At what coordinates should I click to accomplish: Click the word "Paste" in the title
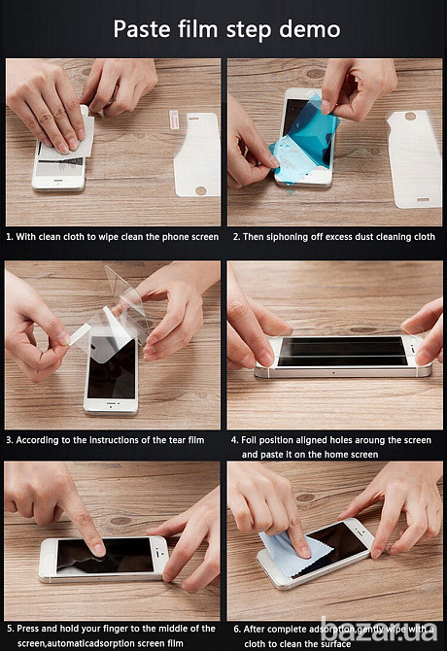[x=142, y=29]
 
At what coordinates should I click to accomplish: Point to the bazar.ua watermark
[x=379, y=629]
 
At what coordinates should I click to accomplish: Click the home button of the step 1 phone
[x=59, y=182]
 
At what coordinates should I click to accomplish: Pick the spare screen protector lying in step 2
[x=414, y=159]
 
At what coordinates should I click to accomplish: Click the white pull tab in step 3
[x=80, y=334]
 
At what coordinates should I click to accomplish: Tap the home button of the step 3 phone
[x=111, y=403]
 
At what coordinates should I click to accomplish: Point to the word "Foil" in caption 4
[x=248, y=440]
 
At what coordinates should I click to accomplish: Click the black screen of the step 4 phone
[x=343, y=351]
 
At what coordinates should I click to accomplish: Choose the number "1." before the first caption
[x=10, y=237]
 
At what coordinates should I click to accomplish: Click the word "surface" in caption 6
[x=334, y=644]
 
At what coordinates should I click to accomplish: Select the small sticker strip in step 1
[x=174, y=120]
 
